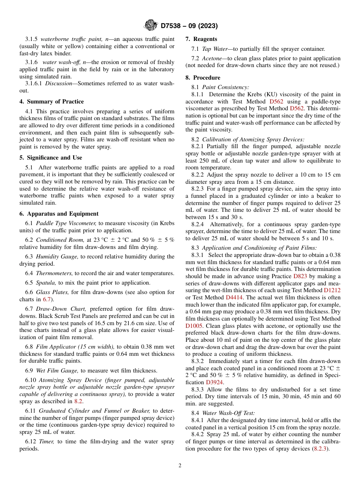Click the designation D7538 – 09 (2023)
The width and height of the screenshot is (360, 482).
pos(189,26)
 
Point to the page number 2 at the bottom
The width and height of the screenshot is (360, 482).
pos(180,465)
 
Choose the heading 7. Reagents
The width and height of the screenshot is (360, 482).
pos(201,39)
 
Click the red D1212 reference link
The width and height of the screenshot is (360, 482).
pos(332,290)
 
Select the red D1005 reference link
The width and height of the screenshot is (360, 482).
pos(194,326)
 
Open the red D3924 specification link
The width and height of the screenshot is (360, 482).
pos(214,382)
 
